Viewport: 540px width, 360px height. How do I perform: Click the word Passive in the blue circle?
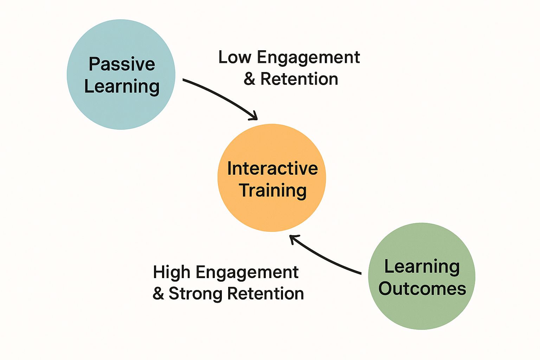(122, 64)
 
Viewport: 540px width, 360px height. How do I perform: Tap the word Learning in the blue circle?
(122, 86)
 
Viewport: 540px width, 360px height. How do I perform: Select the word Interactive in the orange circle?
(272, 168)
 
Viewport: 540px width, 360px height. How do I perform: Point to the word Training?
(273, 191)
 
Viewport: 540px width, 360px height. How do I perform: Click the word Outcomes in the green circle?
(422, 289)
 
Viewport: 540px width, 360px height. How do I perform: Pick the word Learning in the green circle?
(422, 266)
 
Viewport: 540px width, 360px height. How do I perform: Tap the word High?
(172, 272)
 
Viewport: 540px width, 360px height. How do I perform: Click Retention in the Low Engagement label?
(299, 79)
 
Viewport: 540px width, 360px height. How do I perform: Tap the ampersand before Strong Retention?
(158, 294)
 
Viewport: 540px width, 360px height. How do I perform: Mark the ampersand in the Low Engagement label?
(249, 79)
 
